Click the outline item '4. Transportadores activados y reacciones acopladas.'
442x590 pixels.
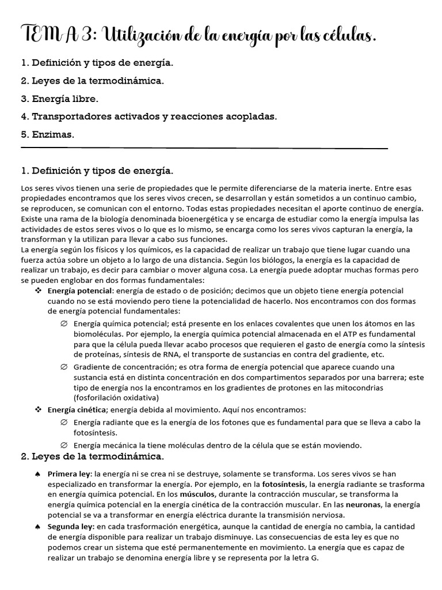[x=148, y=116]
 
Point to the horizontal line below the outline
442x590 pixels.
[x=204, y=149]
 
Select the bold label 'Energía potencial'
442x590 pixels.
[x=81, y=291]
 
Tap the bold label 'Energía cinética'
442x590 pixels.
[x=77, y=410]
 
